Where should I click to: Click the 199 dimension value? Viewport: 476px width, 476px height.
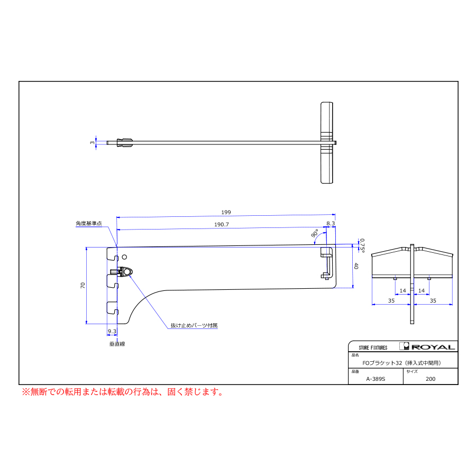point(226,212)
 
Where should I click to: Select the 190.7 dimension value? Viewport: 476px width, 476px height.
point(222,224)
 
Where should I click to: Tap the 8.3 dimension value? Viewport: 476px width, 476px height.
point(331,223)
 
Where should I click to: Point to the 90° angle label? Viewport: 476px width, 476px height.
point(315,233)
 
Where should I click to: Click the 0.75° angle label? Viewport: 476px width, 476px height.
point(362,245)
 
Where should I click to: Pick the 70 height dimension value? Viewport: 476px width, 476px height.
point(83,286)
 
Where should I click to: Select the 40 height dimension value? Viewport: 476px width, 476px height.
point(356,266)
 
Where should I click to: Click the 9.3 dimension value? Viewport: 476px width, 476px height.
point(112,331)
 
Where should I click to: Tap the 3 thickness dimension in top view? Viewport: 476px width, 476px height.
point(92,143)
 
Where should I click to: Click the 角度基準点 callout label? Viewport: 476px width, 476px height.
point(89,223)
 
